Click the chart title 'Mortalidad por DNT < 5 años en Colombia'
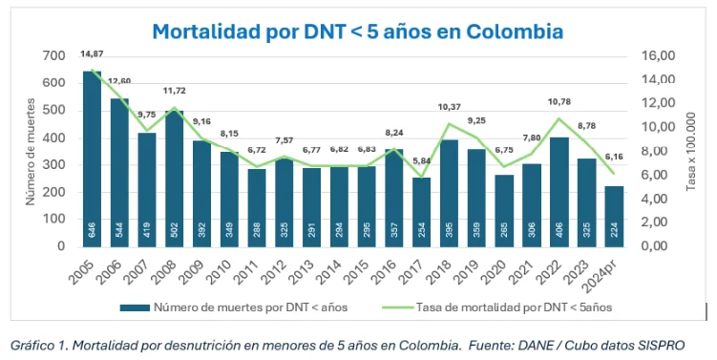point(357,32)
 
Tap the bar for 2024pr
point(616,215)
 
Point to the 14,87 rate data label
point(92,53)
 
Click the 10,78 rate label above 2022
point(560,101)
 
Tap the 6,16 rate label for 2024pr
point(614,157)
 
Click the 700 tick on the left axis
point(53,56)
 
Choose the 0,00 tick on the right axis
point(659,245)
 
